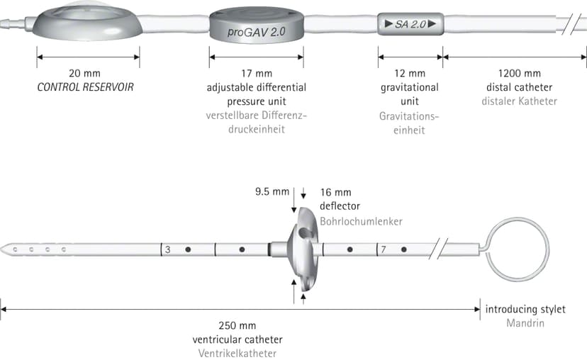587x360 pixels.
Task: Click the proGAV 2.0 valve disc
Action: point(257,26)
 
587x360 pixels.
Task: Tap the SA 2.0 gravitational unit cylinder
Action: point(410,24)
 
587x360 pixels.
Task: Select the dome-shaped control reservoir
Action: point(87,21)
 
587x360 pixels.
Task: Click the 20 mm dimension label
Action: point(84,73)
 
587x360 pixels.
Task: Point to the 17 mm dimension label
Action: point(257,74)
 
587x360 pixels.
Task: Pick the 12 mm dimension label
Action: point(410,74)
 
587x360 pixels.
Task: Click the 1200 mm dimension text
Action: point(519,74)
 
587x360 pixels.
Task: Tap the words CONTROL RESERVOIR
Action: point(85,87)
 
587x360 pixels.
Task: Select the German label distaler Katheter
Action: point(519,101)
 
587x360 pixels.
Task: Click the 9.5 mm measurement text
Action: point(272,191)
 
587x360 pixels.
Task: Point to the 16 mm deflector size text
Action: point(335,192)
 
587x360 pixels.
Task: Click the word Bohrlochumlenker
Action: point(361,221)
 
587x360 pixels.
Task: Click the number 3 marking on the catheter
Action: point(168,249)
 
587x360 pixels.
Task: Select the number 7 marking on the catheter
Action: point(384,249)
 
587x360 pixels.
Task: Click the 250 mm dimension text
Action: point(237,325)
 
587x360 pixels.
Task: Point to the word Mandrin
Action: point(525,323)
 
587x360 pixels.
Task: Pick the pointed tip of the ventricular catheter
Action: point(1,249)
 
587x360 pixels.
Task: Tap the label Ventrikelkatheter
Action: point(237,353)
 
